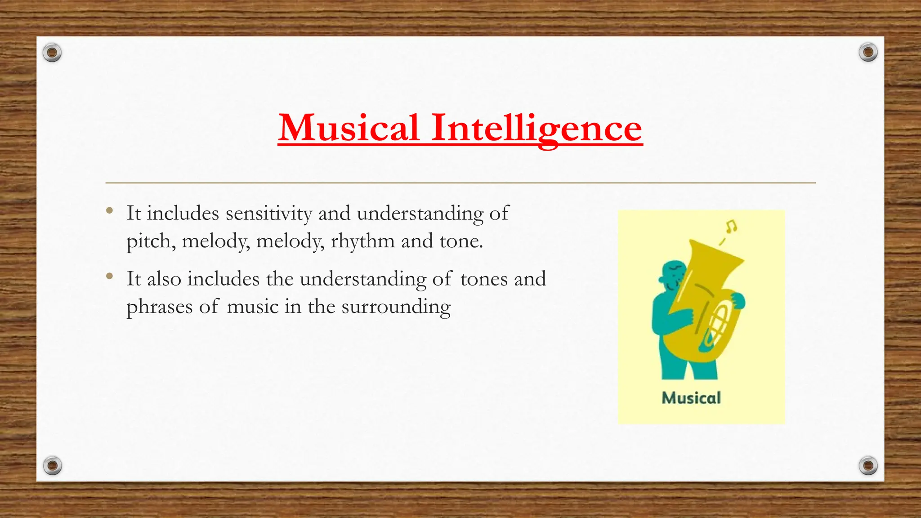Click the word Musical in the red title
pyautogui.click(x=349, y=128)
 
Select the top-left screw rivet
pyautogui.click(x=52, y=53)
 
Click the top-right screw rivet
pyautogui.click(x=868, y=53)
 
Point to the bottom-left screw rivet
pyautogui.click(x=52, y=465)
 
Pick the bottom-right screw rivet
pyautogui.click(x=868, y=465)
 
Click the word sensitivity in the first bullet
pyautogui.click(x=268, y=213)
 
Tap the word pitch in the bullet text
pyautogui.click(x=151, y=241)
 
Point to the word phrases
pyautogui.click(x=159, y=307)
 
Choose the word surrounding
pyautogui.click(x=396, y=307)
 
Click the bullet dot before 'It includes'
pyautogui.click(x=110, y=210)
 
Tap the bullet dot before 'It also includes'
pyautogui.click(x=110, y=276)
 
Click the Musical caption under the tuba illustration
pyautogui.click(x=691, y=398)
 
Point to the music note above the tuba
pyautogui.click(x=731, y=226)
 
